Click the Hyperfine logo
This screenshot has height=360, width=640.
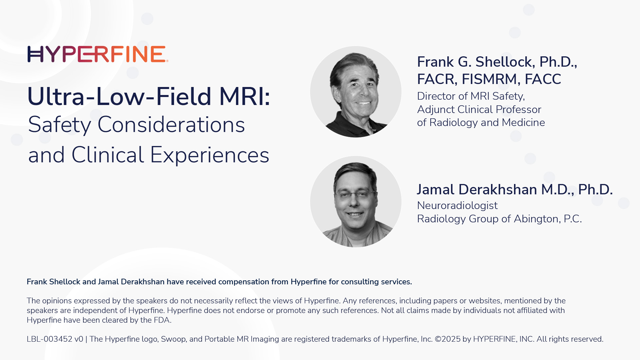pos(97,54)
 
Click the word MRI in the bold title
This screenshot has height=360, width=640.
pos(244,97)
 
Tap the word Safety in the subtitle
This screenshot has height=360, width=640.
pos(59,125)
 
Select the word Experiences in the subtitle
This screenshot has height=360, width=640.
pos(209,155)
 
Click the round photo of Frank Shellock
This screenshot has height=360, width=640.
pos(356,92)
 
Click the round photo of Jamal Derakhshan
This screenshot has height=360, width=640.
pos(356,202)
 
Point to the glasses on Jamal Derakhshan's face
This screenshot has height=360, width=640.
pos(356,194)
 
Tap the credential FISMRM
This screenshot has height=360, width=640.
pos(489,79)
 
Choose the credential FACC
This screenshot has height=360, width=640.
pos(543,79)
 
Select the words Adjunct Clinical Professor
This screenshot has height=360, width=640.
pos(479,109)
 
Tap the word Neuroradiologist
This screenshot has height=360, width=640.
pos(457,206)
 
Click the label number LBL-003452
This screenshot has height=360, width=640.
pos(49,339)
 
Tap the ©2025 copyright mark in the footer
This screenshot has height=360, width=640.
pos(447,339)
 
